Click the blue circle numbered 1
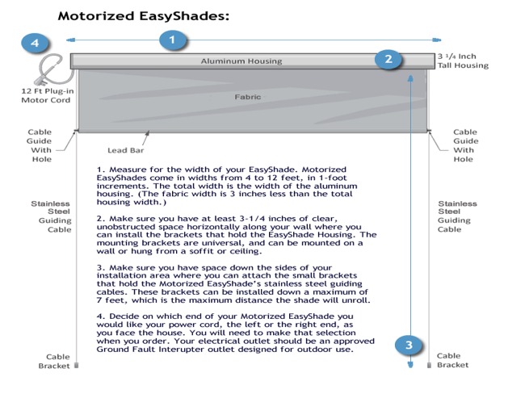[172, 40]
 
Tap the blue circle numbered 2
[388, 59]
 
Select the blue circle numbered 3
[409, 345]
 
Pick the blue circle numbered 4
[35, 43]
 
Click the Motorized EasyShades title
[144, 16]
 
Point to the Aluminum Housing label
[241, 61]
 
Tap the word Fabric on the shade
[247, 97]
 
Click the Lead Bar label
[125, 150]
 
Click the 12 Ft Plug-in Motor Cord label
[47, 95]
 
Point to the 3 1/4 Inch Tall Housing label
[463, 61]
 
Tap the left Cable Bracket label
[54, 361]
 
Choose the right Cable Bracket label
[452, 360]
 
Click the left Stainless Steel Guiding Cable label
[51, 216]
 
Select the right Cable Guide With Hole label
[465, 145]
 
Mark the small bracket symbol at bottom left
[77, 365]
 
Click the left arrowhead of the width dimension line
[70, 40]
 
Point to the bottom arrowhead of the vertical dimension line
[410, 365]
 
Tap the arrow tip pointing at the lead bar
[147, 132]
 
